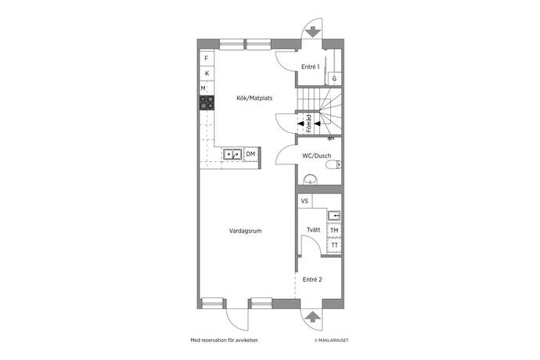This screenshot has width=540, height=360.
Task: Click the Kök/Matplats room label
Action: [x=254, y=98]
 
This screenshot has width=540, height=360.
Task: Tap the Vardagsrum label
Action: [x=245, y=231]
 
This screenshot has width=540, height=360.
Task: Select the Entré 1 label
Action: [x=310, y=67]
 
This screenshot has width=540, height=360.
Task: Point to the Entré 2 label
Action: [x=312, y=279]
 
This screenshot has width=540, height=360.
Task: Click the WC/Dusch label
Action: [x=316, y=156]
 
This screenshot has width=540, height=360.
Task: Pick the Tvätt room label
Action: [x=313, y=230]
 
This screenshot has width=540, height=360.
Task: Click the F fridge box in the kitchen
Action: [x=207, y=59]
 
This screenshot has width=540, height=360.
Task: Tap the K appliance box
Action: [x=207, y=74]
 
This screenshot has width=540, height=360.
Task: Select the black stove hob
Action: [x=207, y=103]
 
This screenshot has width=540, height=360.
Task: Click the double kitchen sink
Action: [x=232, y=154]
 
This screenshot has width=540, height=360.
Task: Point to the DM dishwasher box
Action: [x=250, y=154]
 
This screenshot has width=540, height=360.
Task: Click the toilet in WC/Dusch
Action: [x=333, y=165]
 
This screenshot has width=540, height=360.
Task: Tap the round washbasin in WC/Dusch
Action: [x=310, y=179]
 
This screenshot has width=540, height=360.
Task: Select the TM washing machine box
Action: [x=334, y=230]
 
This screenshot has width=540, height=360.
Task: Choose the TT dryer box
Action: [x=334, y=245]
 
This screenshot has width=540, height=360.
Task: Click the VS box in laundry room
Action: [x=304, y=201]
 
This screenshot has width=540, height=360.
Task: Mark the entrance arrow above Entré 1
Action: [x=313, y=32]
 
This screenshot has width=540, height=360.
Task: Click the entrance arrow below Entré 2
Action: [x=312, y=317]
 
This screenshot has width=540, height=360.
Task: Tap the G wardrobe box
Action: [x=334, y=78]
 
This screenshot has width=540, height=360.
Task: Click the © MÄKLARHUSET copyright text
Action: [x=331, y=340]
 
